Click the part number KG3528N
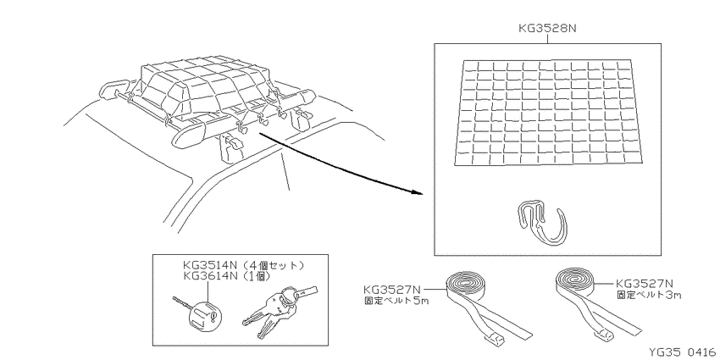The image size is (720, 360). pyautogui.click(x=547, y=28)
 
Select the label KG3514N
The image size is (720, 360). pyautogui.click(x=211, y=265)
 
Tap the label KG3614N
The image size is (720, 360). pyautogui.click(x=211, y=276)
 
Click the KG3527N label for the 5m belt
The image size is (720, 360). pyautogui.click(x=392, y=290)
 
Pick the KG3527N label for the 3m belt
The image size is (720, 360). pyautogui.click(x=645, y=284)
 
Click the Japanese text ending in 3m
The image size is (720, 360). pyautogui.click(x=648, y=295)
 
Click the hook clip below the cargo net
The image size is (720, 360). pyautogui.click(x=543, y=220)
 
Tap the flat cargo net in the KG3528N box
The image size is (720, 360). pyautogui.click(x=548, y=113)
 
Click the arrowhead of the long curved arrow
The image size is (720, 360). pyautogui.click(x=417, y=192)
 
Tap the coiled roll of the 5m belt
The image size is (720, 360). pyautogui.click(x=465, y=285)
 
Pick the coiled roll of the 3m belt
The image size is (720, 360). pyautogui.click(x=573, y=281)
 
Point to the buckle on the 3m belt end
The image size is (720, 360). pyautogui.click(x=604, y=335)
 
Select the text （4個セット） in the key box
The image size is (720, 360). pyautogui.click(x=274, y=265)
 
